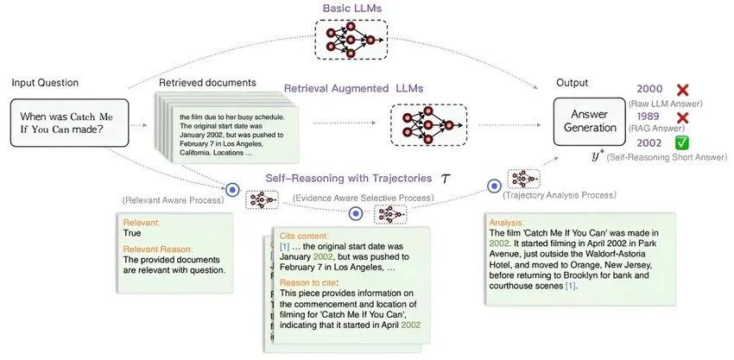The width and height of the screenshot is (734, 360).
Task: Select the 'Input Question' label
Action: tap(45, 83)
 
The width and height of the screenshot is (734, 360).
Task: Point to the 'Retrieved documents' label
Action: tap(206, 83)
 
